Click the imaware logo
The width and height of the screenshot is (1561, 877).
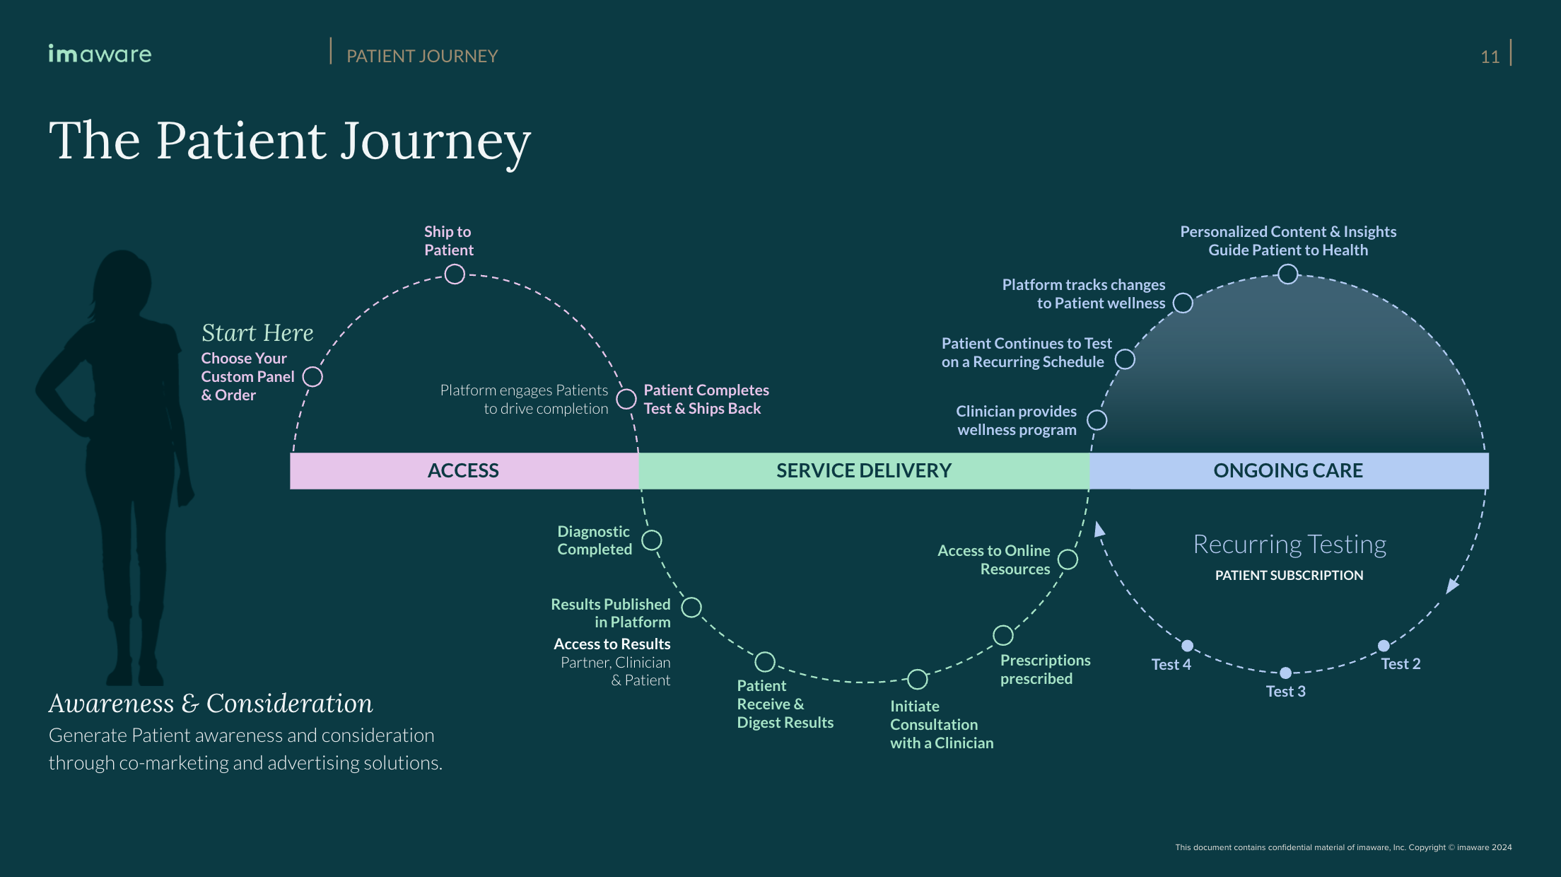tap(100, 54)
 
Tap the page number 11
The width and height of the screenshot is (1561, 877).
tap(1490, 57)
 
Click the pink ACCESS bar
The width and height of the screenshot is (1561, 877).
tap(464, 470)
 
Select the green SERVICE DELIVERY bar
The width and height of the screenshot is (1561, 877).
tap(864, 470)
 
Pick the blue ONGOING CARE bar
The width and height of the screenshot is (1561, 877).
tap(1288, 470)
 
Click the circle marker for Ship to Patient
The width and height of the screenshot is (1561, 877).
tap(455, 274)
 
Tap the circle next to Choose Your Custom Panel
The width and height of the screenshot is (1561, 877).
tap(312, 376)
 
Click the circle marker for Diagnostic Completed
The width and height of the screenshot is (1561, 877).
tap(652, 540)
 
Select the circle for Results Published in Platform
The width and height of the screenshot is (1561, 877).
tap(691, 607)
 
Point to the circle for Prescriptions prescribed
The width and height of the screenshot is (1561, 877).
tap(1003, 635)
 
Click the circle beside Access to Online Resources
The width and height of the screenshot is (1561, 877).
tap(1068, 559)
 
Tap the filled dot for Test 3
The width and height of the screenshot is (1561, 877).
tap(1286, 673)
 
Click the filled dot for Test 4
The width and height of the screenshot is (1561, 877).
tap(1188, 646)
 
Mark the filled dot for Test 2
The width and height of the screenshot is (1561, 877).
tap(1384, 646)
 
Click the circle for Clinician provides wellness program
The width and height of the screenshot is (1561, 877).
tap(1097, 420)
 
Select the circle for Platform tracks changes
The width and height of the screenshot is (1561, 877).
tap(1183, 303)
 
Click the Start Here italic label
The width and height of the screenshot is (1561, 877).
tap(257, 332)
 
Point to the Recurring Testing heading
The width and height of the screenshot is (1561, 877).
tap(1290, 544)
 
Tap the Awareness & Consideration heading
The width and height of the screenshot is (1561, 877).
tap(211, 703)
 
